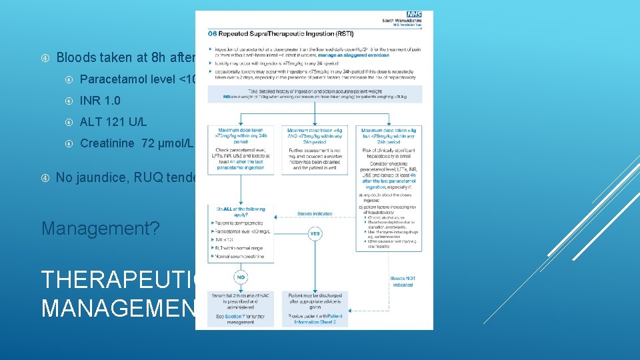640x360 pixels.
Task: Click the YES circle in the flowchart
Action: [314, 233]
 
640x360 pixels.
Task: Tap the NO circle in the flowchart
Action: [241, 277]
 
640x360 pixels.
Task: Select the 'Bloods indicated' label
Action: [313, 214]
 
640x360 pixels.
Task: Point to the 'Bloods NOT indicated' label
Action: [402, 281]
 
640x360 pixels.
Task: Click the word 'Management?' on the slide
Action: [101, 228]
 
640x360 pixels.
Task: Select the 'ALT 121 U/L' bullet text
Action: [113, 122]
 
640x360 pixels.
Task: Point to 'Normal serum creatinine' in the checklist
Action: [240, 256]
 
